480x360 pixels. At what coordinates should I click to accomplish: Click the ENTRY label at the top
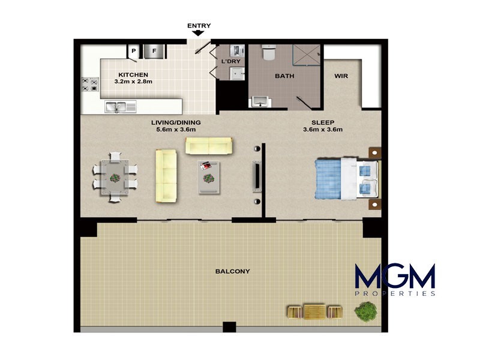coord(199,26)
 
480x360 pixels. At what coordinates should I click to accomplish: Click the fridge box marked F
coord(154,52)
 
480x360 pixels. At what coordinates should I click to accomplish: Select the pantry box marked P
coord(133,52)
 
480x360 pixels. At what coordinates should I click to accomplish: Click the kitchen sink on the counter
coord(119,107)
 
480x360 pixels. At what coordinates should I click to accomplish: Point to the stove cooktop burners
coord(90,85)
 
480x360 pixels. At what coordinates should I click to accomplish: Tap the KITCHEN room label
coord(133,74)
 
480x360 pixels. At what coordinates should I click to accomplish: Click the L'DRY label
coord(231,62)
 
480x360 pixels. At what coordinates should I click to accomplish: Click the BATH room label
coord(284,76)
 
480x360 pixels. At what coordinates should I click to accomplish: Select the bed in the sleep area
coord(346,178)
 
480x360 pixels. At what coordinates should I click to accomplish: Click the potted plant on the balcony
coord(365,311)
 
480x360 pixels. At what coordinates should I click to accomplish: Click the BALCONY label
coord(232,271)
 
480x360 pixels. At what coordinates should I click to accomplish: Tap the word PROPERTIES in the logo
coord(395,294)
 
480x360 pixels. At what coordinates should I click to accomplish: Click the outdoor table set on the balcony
coord(314,311)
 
